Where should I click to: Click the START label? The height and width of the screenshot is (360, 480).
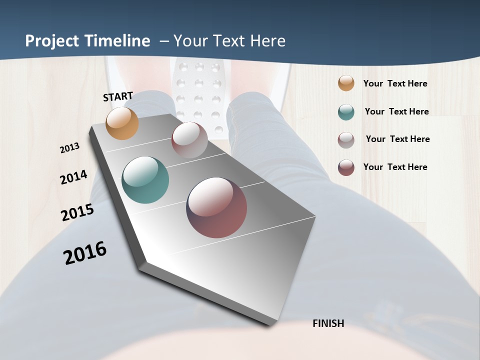coord(118,96)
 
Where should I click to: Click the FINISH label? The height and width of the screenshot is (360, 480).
coord(328,323)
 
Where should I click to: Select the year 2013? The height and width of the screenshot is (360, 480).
coord(70,148)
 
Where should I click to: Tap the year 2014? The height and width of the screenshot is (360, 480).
coord(73,177)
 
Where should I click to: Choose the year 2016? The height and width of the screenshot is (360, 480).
coord(85,253)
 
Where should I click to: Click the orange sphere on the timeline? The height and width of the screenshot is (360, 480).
coord(122,123)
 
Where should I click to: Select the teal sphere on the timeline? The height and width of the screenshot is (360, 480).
coord(145,180)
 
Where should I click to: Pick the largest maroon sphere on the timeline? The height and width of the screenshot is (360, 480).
coord(216,207)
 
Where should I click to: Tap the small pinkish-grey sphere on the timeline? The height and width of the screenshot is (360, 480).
coord(189,140)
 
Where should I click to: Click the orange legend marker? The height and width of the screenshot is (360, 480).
coord(346,83)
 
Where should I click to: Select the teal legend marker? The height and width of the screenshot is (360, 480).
coord(346,112)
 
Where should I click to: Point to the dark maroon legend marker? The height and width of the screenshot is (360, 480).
coord(346,167)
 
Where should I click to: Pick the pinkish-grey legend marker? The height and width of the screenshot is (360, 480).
coord(346,140)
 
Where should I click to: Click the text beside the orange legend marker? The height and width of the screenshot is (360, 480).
coord(395,84)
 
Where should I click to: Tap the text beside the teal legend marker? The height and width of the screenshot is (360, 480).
coord(396,111)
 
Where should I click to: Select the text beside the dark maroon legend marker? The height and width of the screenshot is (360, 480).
coord(395,167)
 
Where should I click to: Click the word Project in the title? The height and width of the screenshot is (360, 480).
coord(52,41)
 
